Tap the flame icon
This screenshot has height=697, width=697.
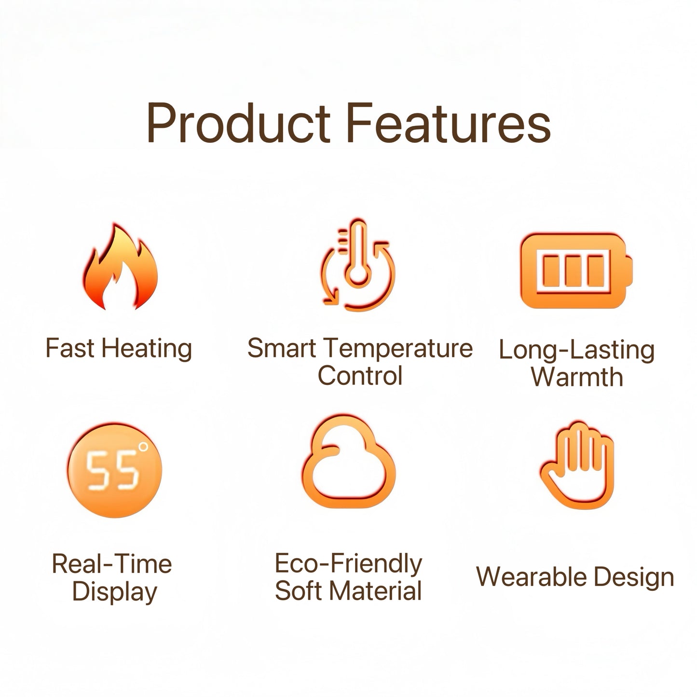coord(121,266)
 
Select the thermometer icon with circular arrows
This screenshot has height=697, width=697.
coord(358,265)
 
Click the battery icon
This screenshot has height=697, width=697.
coord(576,271)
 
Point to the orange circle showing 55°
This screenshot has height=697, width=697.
coord(115,470)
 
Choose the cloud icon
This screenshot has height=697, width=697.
coord(349,462)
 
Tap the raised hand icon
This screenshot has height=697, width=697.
coord(576,465)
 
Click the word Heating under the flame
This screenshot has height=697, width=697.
coord(147,349)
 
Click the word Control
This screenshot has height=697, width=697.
coord(360,376)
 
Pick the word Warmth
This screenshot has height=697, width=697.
coord(577,377)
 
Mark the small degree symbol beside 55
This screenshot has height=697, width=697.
coord(144,447)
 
